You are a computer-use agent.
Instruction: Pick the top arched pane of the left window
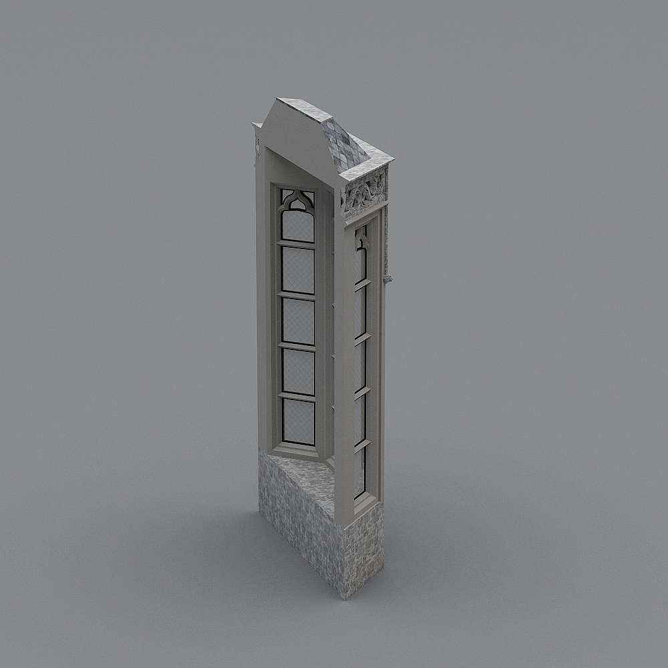pyautogui.click(x=297, y=224)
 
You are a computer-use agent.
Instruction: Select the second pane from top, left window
pyautogui.click(x=298, y=269)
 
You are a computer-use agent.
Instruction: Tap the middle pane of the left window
pyautogui.click(x=298, y=321)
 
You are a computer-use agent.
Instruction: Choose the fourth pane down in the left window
pyautogui.click(x=298, y=371)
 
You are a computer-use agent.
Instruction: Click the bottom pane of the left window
pyautogui.click(x=298, y=422)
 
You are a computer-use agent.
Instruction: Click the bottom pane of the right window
pyautogui.click(x=360, y=471)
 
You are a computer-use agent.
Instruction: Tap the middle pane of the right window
pyautogui.click(x=360, y=364)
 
